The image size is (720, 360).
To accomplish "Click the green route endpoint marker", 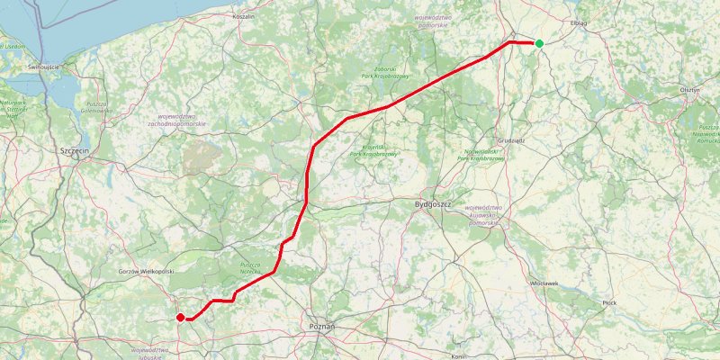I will point(539,43).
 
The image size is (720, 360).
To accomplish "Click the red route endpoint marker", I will point(180,317).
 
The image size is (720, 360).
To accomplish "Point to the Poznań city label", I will point(321,326).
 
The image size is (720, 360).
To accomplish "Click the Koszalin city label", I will point(243,16).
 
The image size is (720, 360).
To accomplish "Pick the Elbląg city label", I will point(579,22).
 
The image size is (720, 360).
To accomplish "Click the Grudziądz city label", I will point(510,141).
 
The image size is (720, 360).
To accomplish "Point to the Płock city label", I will point(610,303).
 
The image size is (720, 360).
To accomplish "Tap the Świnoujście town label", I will point(43,67).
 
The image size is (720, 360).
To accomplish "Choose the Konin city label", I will point(457,356).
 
